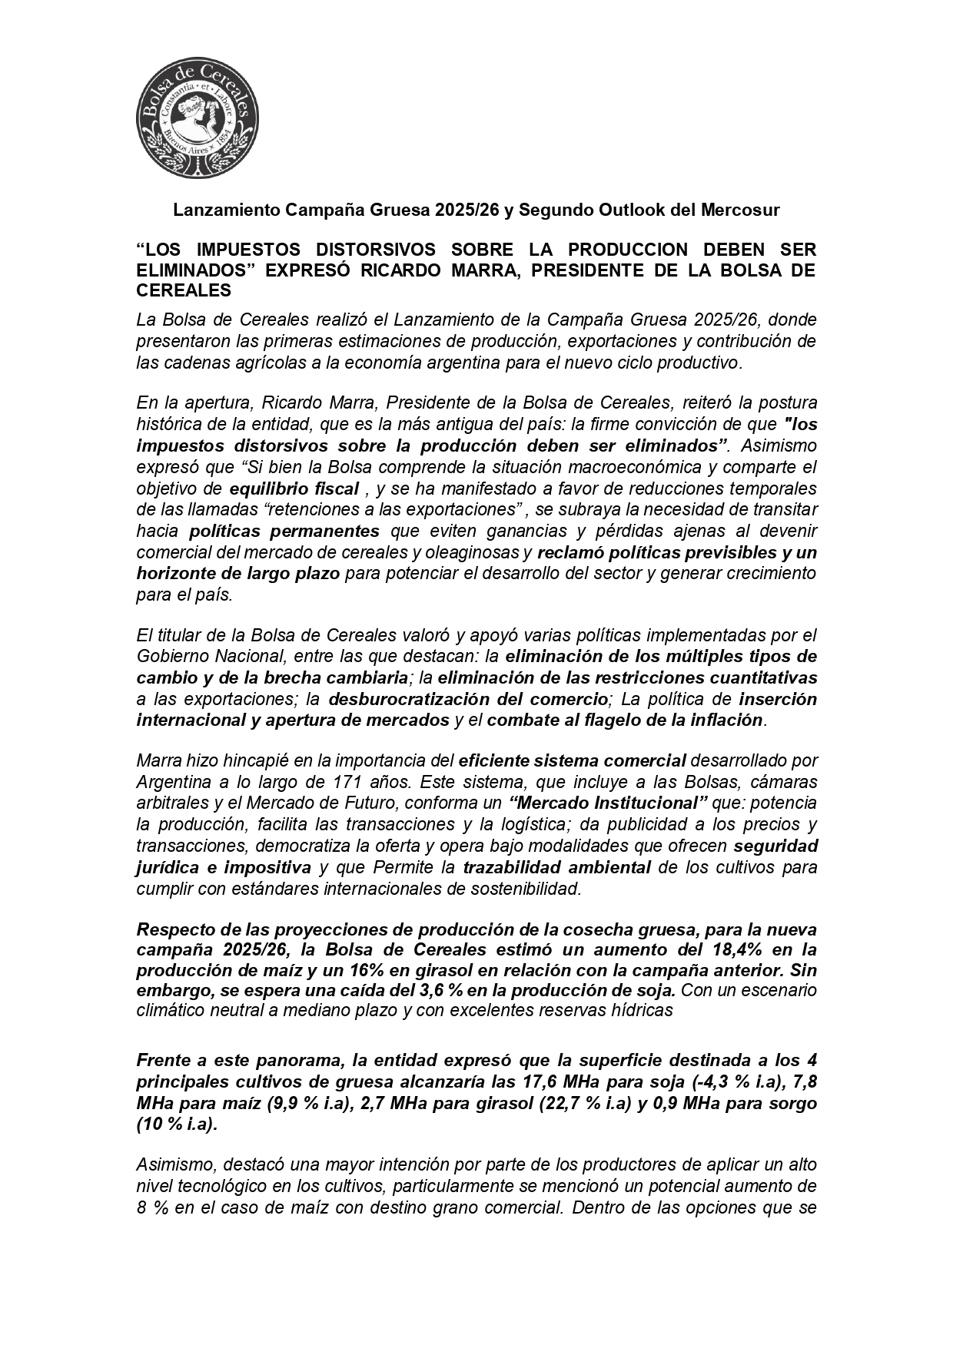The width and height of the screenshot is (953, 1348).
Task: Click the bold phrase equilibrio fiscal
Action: pos(294,489)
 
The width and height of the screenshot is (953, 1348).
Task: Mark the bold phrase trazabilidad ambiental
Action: pos(556,867)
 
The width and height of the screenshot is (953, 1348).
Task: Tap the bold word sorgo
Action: pos(791,1103)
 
